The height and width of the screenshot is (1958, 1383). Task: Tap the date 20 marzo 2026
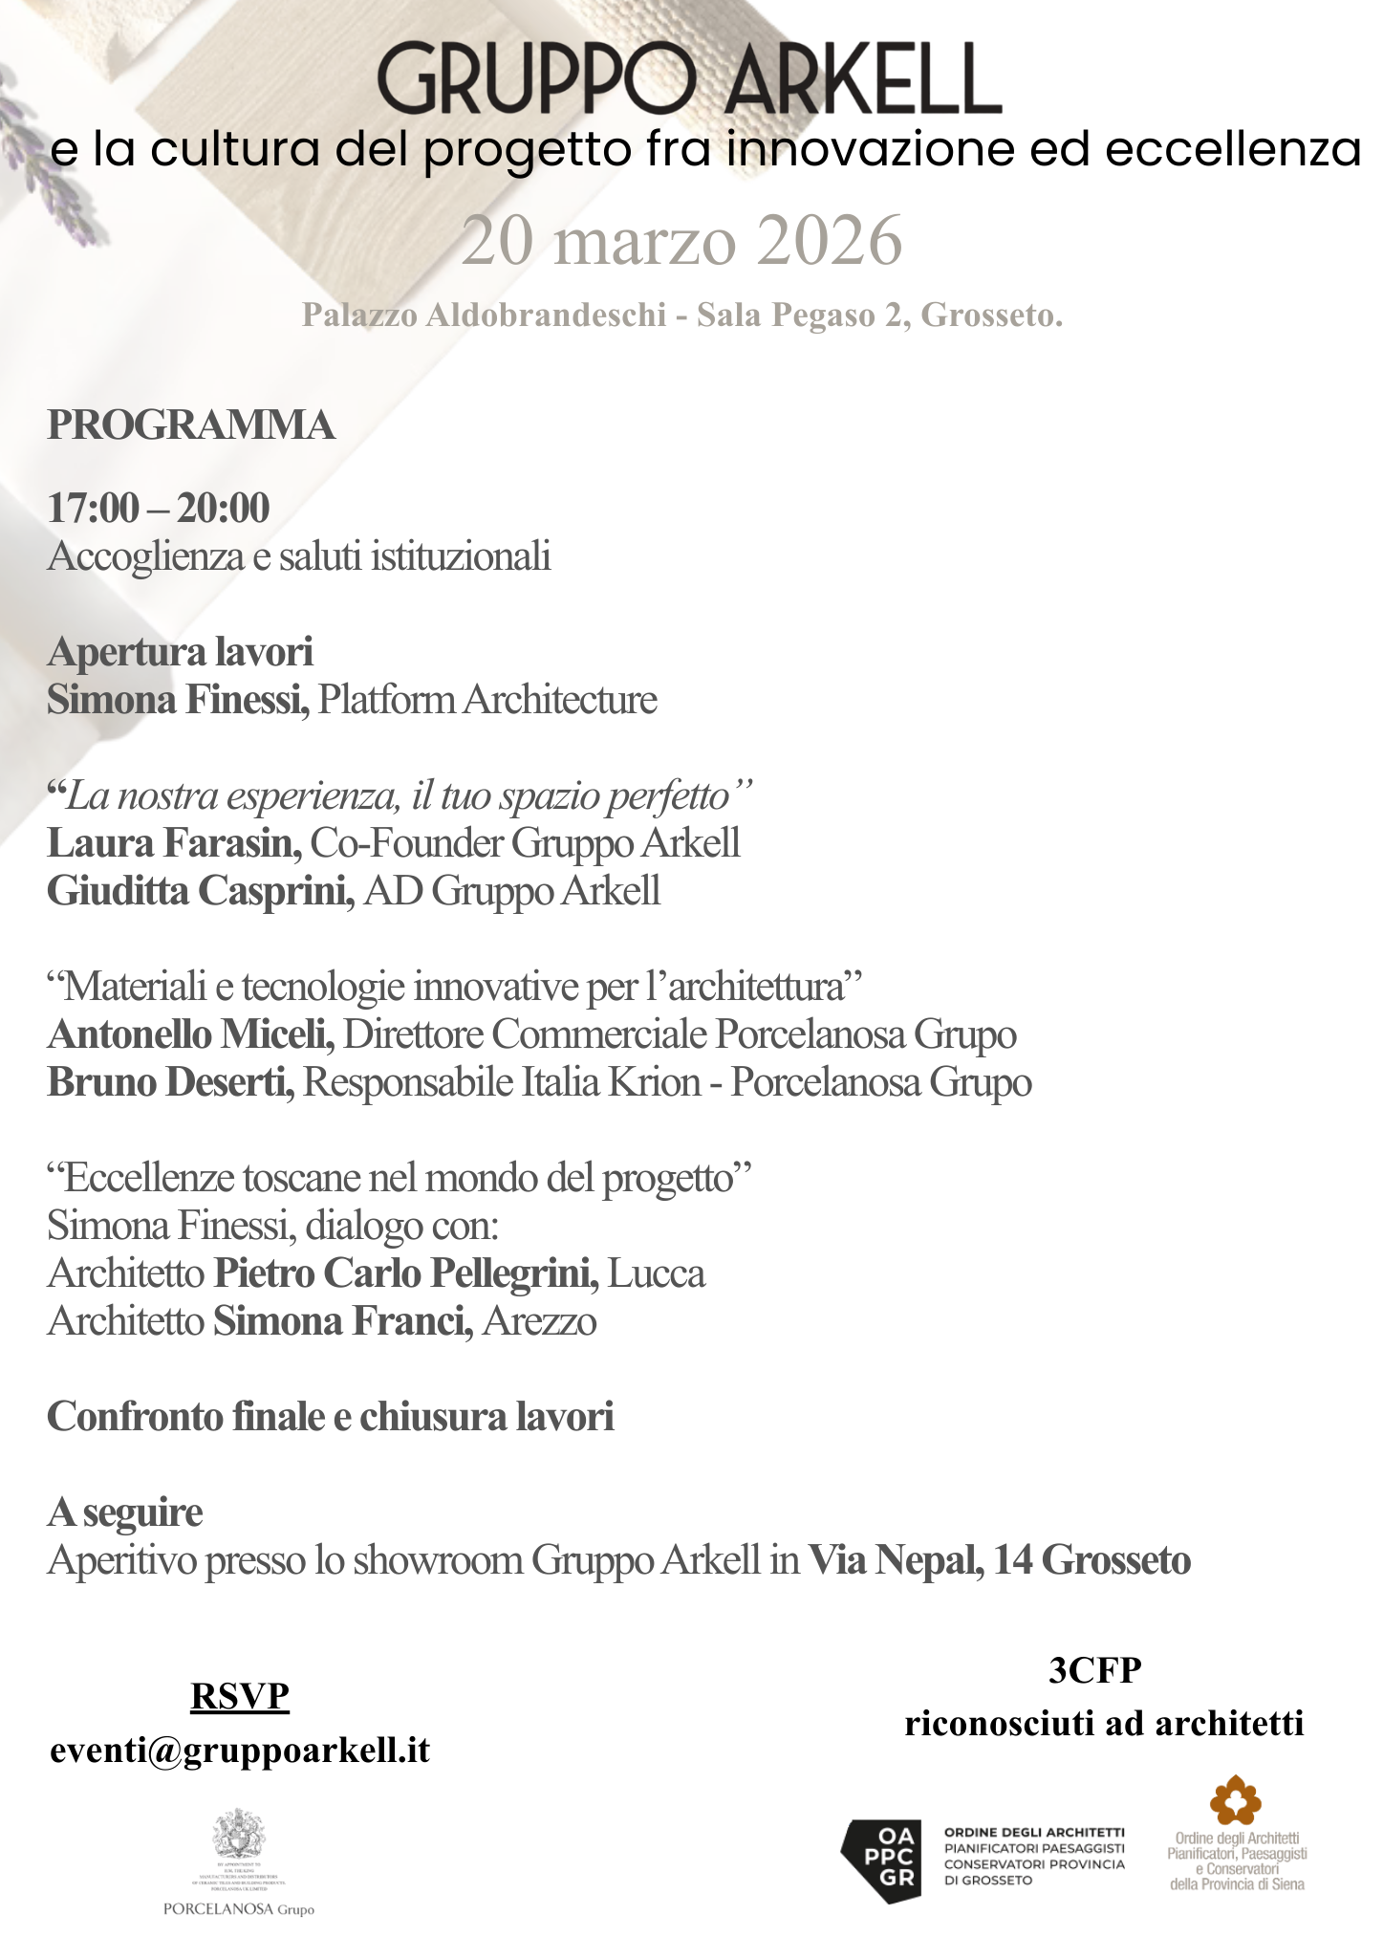point(681,241)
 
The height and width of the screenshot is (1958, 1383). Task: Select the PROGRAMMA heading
point(191,425)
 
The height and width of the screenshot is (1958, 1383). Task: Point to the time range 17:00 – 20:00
point(159,508)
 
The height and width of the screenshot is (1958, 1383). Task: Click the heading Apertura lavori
point(180,652)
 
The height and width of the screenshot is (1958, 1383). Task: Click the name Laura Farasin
point(174,843)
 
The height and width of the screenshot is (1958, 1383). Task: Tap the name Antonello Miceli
point(190,1034)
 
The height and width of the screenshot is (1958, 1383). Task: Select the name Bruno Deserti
point(171,1082)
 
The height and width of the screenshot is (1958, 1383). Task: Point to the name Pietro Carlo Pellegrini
point(406,1273)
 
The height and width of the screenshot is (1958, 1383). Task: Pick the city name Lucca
point(657,1273)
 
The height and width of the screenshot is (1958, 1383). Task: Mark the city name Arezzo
point(540,1321)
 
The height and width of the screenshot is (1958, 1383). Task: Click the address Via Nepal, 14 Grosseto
point(1000,1560)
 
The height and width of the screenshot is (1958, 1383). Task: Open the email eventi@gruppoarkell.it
point(240,1751)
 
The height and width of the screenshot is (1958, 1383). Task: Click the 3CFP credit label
point(1095,1670)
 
